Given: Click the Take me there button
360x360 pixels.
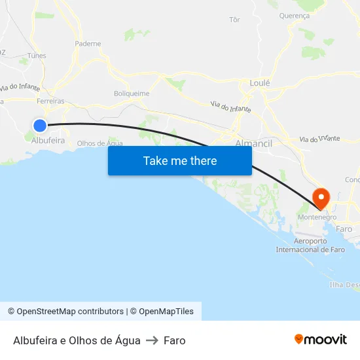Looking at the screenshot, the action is pyautogui.click(x=180, y=160).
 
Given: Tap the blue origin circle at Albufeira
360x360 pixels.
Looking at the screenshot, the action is pyautogui.click(x=40, y=125).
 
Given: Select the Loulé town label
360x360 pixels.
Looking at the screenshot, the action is pyautogui.click(x=260, y=83).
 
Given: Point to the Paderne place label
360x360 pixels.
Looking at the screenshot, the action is pyautogui.click(x=88, y=44).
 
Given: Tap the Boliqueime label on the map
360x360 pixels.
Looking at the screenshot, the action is pyautogui.click(x=132, y=94).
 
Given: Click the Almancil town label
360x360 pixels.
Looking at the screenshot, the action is pyautogui.click(x=253, y=142).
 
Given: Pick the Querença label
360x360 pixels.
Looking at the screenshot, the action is pyautogui.click(x=294, y=15).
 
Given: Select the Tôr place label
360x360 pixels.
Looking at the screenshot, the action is pyautogui.click(x=235, y=20).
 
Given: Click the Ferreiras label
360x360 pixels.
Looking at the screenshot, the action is pyautogui.click(x=50, y=101).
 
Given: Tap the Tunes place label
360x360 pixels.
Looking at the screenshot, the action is pyautogui.click(x=37, y=56).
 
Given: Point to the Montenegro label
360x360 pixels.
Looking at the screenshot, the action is pyautogui.click(x=317, y=217).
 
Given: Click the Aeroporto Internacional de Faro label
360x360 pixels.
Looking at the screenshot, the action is pyautogui.click(x=310, y=245).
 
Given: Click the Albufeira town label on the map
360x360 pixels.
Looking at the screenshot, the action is pyautogui.click(x=48, y=140).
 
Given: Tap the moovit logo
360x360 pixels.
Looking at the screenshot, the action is pyautogui.click(x=320, y=339).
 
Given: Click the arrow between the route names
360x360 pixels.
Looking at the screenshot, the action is pyautogui.click(x=152, y=340).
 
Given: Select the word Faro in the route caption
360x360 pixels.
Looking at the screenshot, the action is pyautogui.click(x=175, y=340).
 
